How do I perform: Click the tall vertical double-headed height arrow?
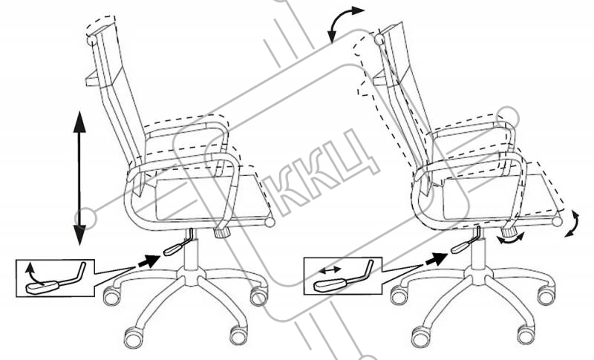coord(79,178)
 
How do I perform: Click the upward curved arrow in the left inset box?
coord(33,274)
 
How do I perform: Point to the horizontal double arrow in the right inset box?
coord(330,269)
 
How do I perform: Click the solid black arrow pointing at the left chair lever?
coord(149,261)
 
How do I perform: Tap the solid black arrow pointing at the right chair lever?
coord(437,259)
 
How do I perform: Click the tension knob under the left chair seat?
coord(221,232)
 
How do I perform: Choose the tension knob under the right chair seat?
coord(509,229)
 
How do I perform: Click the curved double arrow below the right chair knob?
coord(511,239)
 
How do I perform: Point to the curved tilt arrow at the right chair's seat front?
coord(572,223)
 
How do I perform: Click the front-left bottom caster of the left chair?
coord(134,338)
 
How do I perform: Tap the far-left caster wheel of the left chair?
coord(112,295)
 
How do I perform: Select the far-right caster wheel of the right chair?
coord(546,295)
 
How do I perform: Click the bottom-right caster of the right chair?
coord(526,333)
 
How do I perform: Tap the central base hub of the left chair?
coord(192,275)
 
